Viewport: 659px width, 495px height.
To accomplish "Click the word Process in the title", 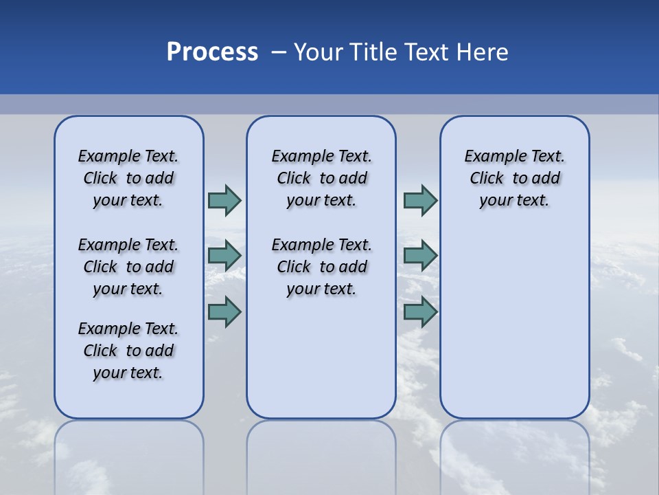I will pyautogui.click(x=212, y=52).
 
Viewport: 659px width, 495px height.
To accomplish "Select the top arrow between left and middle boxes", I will pyautogui.click(x=224, y=200).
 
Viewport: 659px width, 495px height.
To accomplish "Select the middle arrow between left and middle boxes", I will pyautogui.click(x=224, y=256).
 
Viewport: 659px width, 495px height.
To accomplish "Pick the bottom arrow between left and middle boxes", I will pyautogui.click(x=224, y=311).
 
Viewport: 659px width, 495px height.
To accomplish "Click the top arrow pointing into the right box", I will pyautogui.click(x=420, y=200).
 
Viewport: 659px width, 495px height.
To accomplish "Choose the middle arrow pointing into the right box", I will pyautogui.click(x=420, y=256).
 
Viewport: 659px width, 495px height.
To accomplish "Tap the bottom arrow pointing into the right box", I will pyautogui.click(x=420, y=311).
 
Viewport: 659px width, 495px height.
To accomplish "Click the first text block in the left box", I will pyautogui.click(x=128, y=178).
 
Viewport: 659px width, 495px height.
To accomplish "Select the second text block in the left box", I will pyautogui.click(x=128, y=267).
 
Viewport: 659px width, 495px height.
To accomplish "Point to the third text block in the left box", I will pyautogui.click(x=128, y=351).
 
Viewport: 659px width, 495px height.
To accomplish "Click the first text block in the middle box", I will pyautogui.click(x=321, y=178).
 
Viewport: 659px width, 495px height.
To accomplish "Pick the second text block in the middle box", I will pyautogui.click(x=321, y=267).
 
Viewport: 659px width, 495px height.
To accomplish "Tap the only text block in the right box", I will pyautogui.click(x=515, y=178).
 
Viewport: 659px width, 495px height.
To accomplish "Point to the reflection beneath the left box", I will pyautogui.click(x=129, y=454).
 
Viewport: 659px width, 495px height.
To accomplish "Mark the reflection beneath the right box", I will pyautogui.click(x=515, y=454).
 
